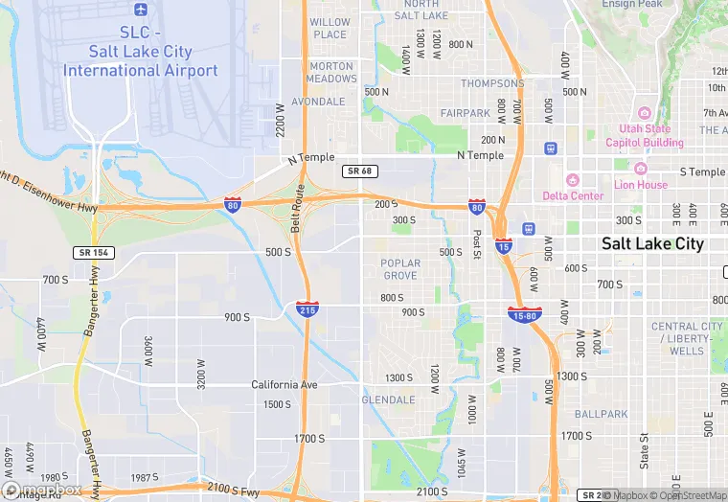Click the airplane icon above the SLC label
(x=141, y=10)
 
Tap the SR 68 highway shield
(x=356, y=171)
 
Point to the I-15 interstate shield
(x=503, y=246)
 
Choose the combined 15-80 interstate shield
(x=526, y=312)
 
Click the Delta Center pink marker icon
(x=573, y=179)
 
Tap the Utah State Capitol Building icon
(x=644, y=112)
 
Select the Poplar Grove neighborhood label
(x=399, y=269)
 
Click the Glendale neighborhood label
(x=388, y=399)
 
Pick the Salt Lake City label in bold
(x=652, y=243)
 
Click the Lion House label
(x=641, y=185)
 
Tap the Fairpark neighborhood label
(x=466, y=113)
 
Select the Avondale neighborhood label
(x=317, y=102)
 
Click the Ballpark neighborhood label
(x=601, y=415)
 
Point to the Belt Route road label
(x=298, y=209)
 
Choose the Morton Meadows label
(x=331, y=73)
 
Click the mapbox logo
(x=43, y=489)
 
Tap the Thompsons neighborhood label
(x=492, y=83)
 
